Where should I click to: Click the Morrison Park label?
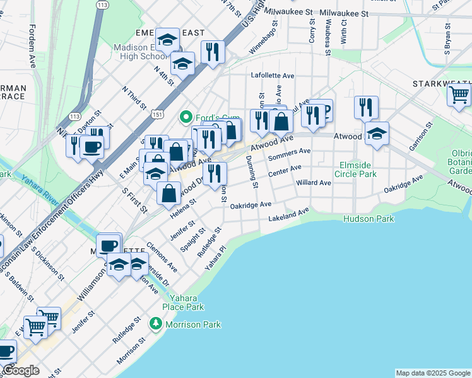193,324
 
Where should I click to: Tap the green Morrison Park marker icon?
155,323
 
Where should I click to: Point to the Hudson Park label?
369,219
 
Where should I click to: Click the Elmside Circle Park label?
357,169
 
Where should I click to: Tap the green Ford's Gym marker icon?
186,117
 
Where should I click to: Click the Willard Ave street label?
314,183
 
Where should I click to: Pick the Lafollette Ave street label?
273,75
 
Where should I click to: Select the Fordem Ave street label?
32,38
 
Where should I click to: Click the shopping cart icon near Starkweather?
459,95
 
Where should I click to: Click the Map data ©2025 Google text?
432,373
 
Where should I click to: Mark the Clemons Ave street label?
162,258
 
